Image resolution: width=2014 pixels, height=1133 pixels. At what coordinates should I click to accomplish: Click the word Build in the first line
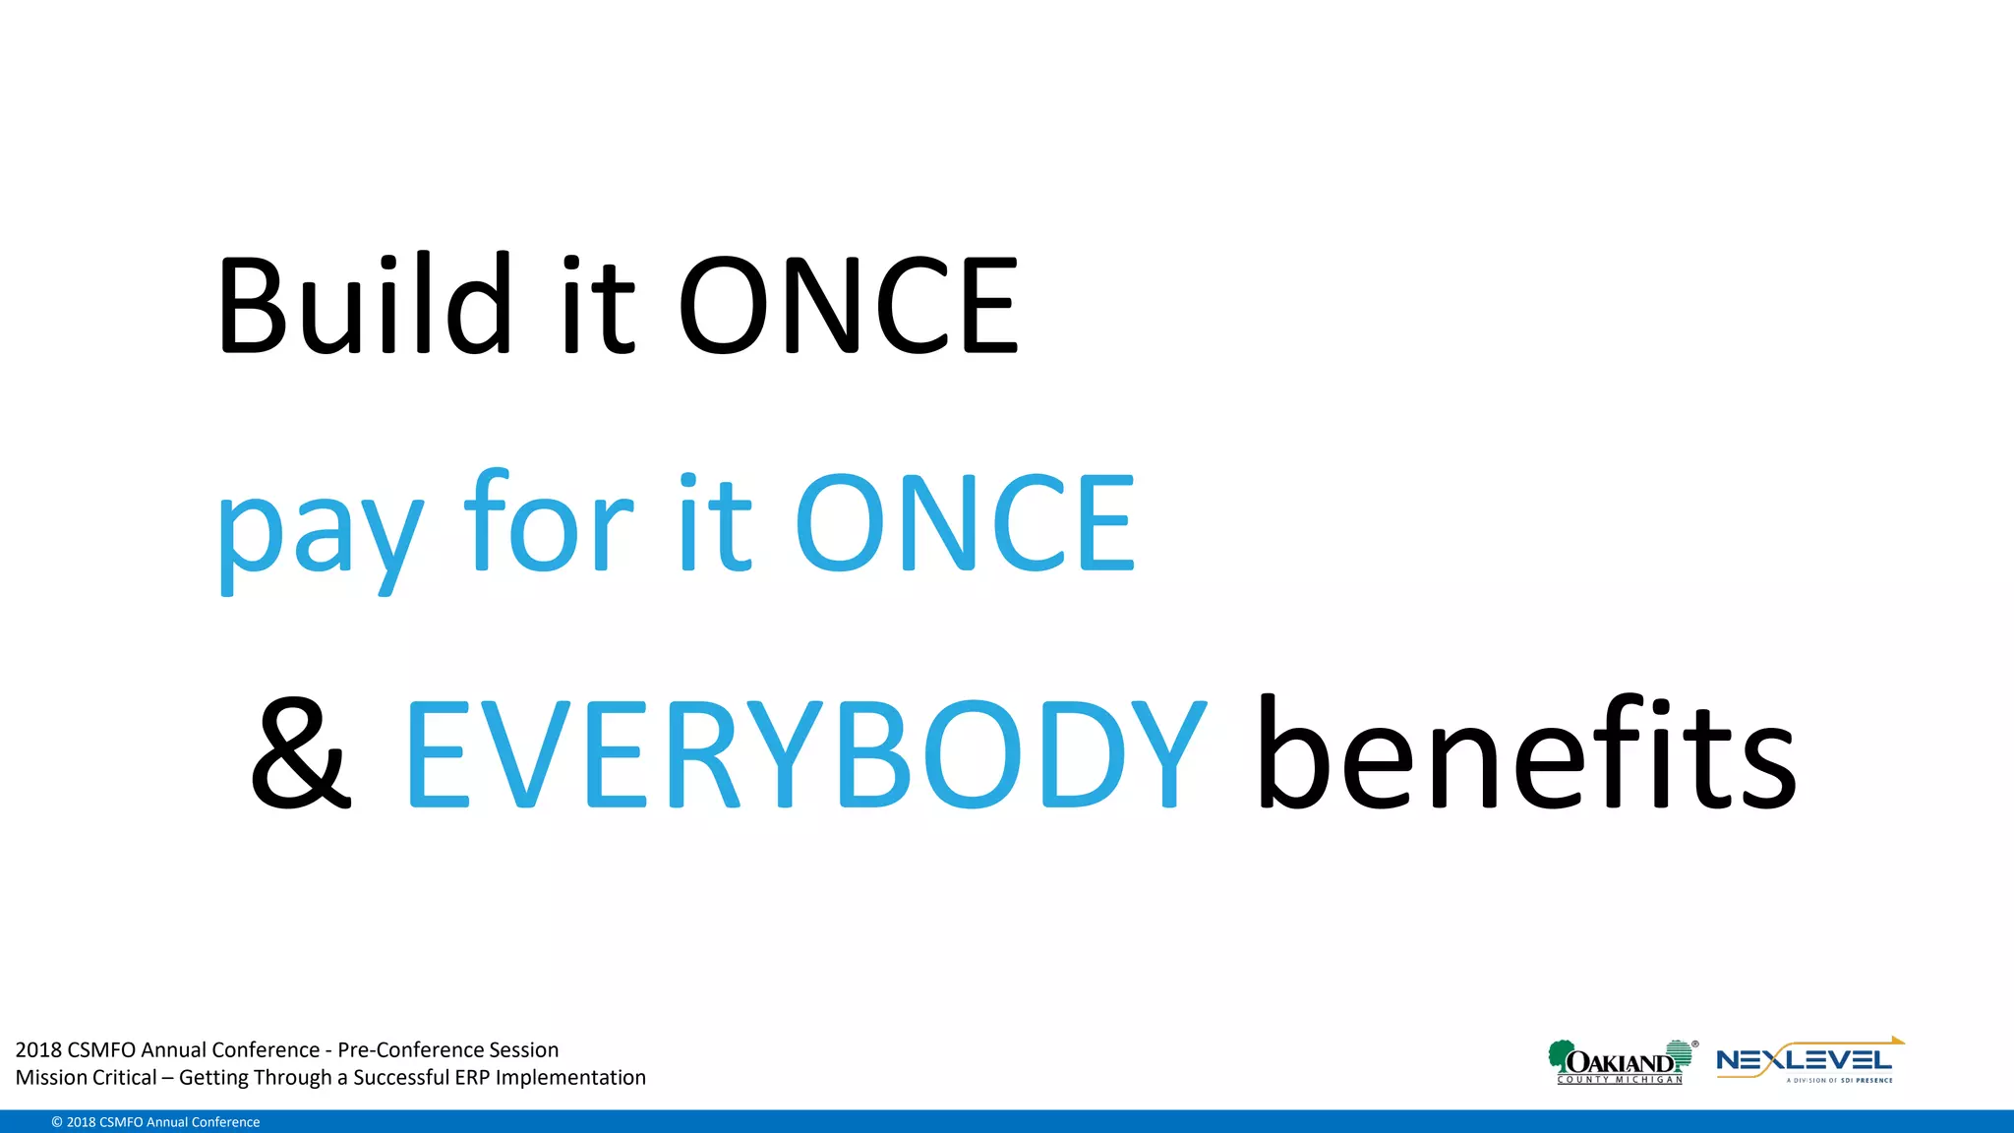[364, 305]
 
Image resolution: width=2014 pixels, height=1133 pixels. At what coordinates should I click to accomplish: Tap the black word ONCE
[848, 305]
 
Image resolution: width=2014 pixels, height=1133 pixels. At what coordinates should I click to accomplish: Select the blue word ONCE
[964, 523]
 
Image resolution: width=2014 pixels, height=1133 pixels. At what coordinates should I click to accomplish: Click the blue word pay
[320, 531]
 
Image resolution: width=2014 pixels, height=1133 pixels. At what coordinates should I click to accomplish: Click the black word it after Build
[598, 305]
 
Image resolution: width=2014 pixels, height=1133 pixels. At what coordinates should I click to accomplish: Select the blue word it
[715, 523]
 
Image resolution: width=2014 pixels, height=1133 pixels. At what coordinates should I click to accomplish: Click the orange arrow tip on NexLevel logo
[1898, 1041]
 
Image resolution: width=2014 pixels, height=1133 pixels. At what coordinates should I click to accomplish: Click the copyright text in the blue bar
[155, 1122]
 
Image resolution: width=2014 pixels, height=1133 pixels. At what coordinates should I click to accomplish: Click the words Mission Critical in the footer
[86, 1077]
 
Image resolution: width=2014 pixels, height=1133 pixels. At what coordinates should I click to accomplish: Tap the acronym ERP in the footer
[471, 1077]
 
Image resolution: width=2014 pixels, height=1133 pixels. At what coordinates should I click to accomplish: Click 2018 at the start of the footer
[38, 1049]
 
